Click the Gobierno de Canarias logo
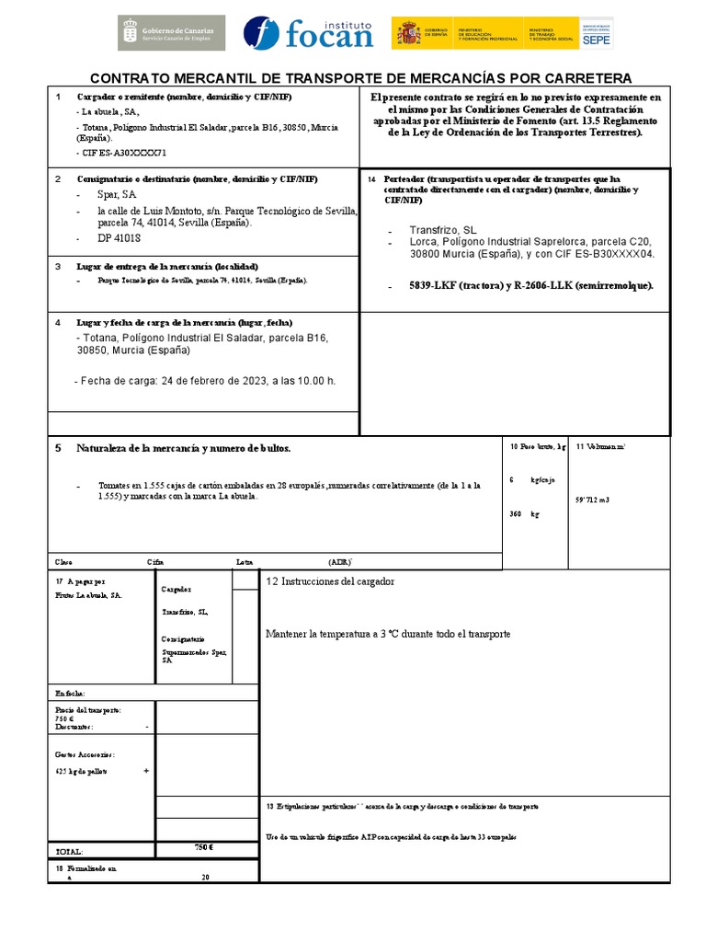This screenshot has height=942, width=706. pyautogui.click(x=172, y=32)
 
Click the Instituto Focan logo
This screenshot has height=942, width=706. pyautogui.click(x=309, y=32)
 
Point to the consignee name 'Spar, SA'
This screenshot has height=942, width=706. pyautogui.click(x=117, y=195)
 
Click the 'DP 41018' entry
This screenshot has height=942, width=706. pyautogui.click(x=119, y=237)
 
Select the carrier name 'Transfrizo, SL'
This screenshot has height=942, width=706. pyautogui.click(x=443, y=229)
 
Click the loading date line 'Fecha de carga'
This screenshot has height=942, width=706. pyautogui.click(x=204, y=381)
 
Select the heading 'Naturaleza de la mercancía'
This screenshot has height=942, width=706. pyautogui.click(x=183, y=448)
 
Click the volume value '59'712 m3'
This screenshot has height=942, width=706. pyautogui.click(x=592, y=500)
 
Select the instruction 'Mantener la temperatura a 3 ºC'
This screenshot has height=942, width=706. pyautogui.click(x=387, y=634)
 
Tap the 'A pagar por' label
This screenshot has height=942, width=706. pyautogui.click(x=81, y=581)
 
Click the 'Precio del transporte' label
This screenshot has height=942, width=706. pyautogui.click(x=88, y=710)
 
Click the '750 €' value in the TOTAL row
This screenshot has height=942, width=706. pyautogui.click(x=203, y=847)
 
